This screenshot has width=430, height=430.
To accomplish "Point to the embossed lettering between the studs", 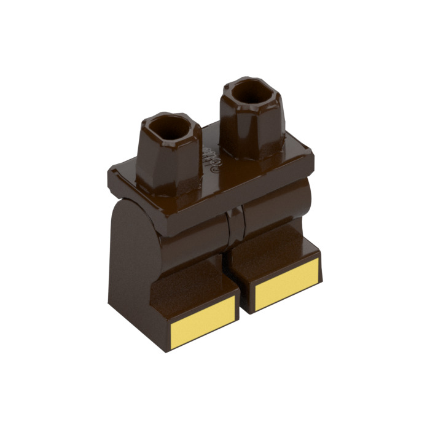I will tap(211, 159).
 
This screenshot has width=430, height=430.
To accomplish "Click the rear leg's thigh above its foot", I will tap(276, 212).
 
